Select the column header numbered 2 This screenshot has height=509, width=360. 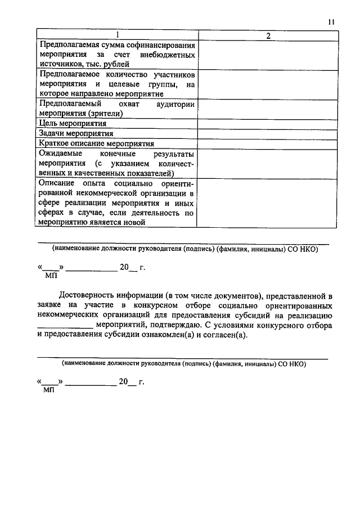(x=268, y=36)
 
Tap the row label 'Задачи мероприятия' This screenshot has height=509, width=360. (x=76, y=133)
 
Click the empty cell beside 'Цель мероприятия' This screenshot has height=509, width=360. (x=268, y=123)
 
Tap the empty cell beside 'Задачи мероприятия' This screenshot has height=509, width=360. (x=268, y=133)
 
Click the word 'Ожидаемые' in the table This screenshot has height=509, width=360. (x=60, y=154)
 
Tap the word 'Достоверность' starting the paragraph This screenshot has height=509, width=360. (x=89, y=295)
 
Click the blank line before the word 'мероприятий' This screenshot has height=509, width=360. (x=65, y=327)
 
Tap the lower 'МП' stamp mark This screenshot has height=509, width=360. (x=49, y=390)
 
